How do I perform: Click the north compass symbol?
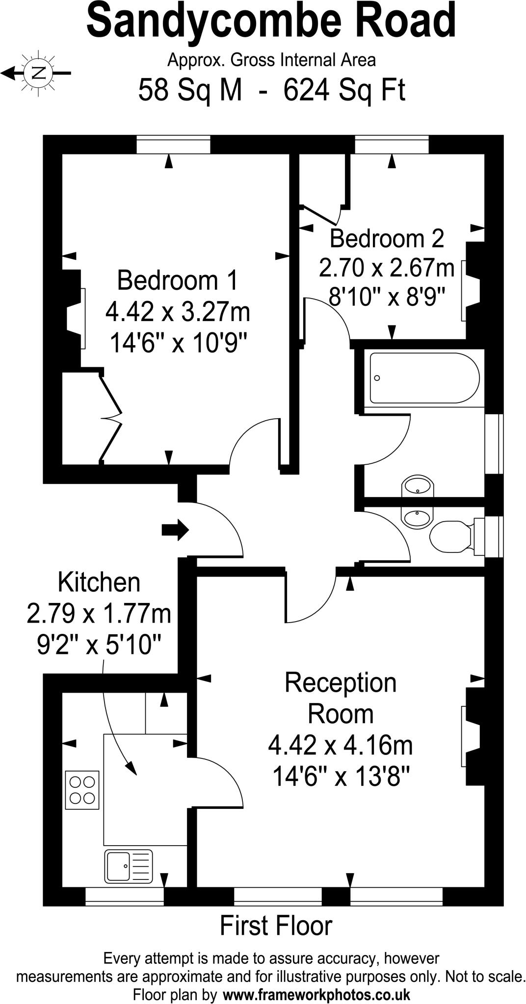click(37, 74)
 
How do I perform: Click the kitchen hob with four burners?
click(82, 790)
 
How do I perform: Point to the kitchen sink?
click(128, 866)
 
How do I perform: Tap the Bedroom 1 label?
click(177, 281)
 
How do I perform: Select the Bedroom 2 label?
click(387, 239)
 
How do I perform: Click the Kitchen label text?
click(99, 583)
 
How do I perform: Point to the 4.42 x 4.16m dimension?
click(341, 746)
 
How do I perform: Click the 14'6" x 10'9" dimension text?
click(177, 343)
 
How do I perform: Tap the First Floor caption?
click(276, 926)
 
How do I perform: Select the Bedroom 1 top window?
click(173, 145)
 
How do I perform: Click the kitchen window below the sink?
click(125, 896)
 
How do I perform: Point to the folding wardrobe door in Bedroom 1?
click(111, 418)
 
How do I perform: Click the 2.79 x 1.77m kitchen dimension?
click(99, 614)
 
